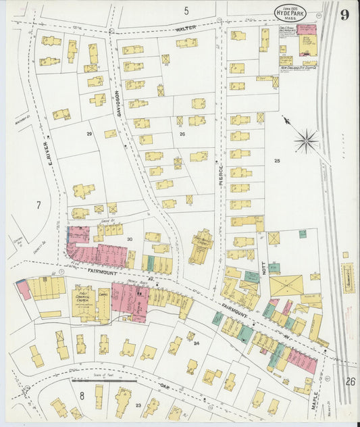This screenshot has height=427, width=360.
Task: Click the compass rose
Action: coord(306,141)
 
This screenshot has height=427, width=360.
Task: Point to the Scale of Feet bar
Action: coord(104,381)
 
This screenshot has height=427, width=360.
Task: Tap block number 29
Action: coord(88,134)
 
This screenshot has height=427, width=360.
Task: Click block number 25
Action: coord(276,160)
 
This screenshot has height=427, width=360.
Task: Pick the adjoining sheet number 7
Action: coord(39,204)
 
